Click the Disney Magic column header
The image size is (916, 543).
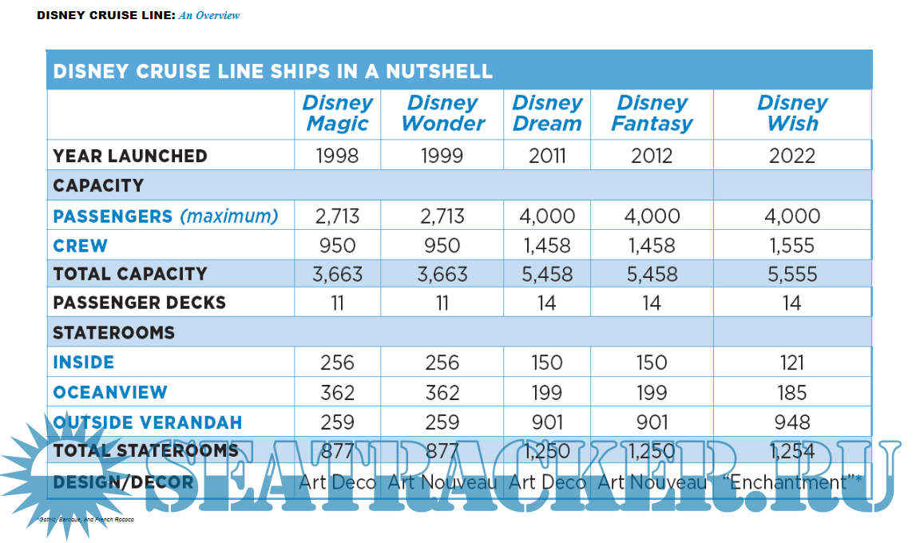coord(338,113)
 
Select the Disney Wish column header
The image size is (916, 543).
coord(792,113)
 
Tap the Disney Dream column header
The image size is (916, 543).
coord(547,113)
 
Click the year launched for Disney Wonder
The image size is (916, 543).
coord(442,156)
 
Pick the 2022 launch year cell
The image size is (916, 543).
coord(792,156)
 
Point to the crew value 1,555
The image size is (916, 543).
coord(792,245)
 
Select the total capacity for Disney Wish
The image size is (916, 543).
coord(792,275)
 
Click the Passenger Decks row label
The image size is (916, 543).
coord(140,303)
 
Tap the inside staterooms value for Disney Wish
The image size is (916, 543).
coord(792,363)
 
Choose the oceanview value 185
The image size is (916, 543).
coord(792,393)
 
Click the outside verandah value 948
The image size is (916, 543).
coord(792,422)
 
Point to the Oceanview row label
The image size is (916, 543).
coord(110,393)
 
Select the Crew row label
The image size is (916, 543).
coord(81,245)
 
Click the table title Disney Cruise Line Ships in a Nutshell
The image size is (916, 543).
coord(272,71)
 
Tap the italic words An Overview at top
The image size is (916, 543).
coord(209,15)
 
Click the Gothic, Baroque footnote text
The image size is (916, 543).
coord(85,520)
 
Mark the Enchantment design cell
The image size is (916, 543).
coord(792,482)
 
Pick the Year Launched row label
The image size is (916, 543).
coord(130,156)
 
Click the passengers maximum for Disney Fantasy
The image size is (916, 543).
coord(652,216)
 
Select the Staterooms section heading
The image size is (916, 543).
coord(113,332)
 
